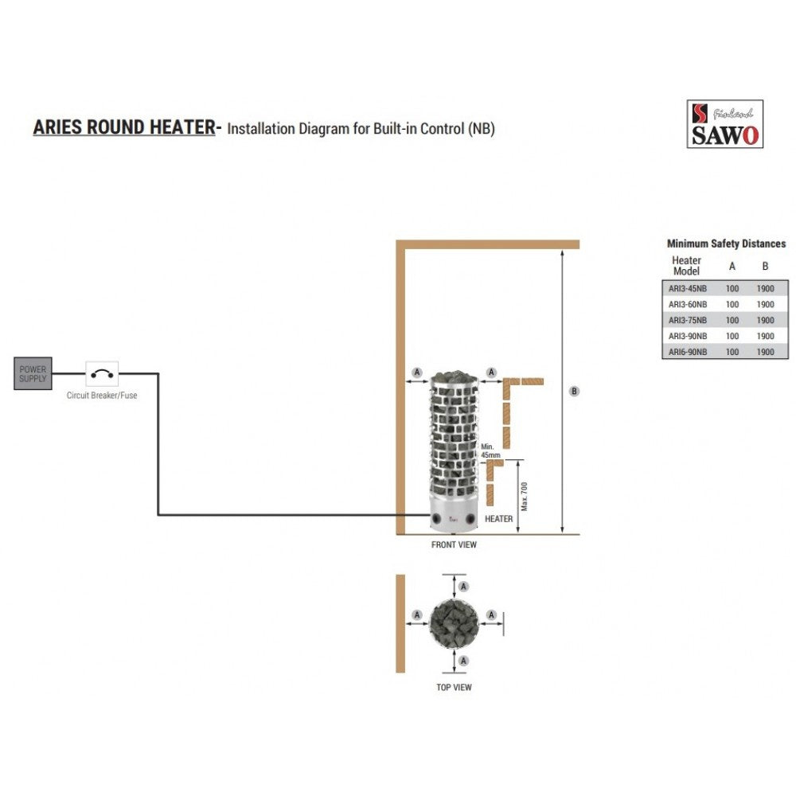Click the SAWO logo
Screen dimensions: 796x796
725,124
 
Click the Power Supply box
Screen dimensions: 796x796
33,373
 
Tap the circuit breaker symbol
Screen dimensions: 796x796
102,374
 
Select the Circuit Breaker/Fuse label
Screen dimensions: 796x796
102,396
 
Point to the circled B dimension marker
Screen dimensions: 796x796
574,392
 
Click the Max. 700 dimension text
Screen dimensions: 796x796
525,497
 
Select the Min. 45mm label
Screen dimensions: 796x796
490,451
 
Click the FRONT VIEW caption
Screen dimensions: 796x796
454,544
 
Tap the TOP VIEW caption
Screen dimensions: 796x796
454,688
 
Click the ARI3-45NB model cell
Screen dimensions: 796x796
688,289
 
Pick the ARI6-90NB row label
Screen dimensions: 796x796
688,352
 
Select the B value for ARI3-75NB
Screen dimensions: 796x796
766,320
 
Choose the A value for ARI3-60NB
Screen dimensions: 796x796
732,305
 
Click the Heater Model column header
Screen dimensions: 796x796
686,266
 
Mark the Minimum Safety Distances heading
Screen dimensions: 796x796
726,244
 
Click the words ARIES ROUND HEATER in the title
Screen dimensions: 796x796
124,127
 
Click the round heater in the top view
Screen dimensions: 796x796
454,623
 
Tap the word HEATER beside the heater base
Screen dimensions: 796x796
498,519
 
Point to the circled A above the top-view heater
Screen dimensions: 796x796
463,587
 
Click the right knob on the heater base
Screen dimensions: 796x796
470,519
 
